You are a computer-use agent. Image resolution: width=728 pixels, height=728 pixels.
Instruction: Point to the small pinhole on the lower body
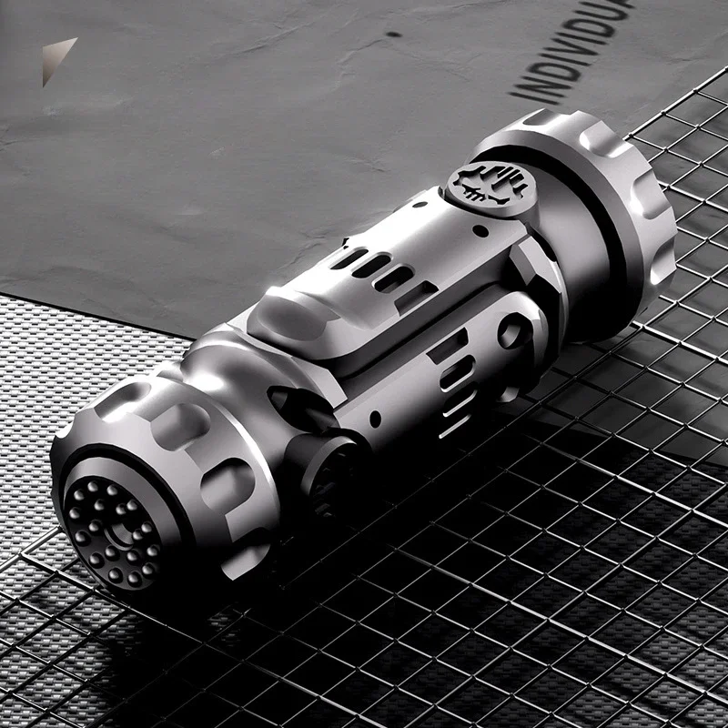375,420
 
